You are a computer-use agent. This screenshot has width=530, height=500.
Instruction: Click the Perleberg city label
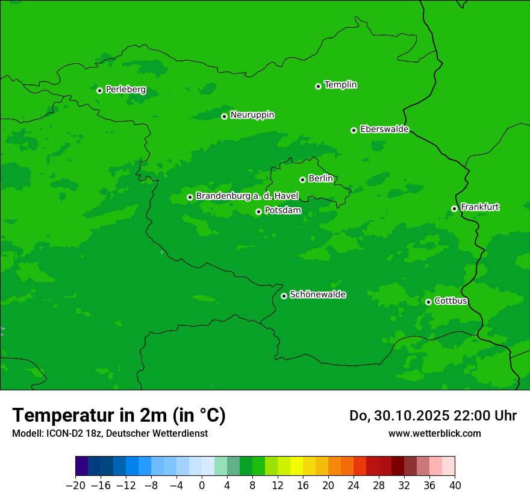point(125,90)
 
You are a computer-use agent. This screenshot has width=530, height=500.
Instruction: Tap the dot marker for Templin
point(318,86)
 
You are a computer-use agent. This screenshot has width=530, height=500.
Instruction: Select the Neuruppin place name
point(252,115)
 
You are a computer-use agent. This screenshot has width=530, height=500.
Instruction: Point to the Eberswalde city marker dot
point(354,130)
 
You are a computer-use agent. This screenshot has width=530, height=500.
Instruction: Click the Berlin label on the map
point(320,178)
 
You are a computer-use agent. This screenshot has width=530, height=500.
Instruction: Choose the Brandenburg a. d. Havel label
point(247,196)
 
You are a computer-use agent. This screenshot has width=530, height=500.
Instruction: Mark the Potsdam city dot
point(258,211)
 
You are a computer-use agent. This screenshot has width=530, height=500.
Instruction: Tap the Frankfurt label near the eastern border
point(479,207)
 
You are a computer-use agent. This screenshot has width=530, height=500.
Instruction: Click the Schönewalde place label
point(317,295)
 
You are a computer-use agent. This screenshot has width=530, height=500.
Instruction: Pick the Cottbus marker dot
point(428,302)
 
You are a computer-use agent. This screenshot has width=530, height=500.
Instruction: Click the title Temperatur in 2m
point(119,416)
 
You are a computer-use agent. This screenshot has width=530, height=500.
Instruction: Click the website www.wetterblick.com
point(434,433)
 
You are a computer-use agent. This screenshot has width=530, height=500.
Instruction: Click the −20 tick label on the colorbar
point(75,486)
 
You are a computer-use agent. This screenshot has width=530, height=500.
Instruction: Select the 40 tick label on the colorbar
point(455,486)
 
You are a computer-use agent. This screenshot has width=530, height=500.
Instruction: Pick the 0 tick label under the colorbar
point(202,486)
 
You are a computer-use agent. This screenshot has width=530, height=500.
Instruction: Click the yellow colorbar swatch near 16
point(296,466)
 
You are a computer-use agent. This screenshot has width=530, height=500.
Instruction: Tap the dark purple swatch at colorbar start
point(82,466)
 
